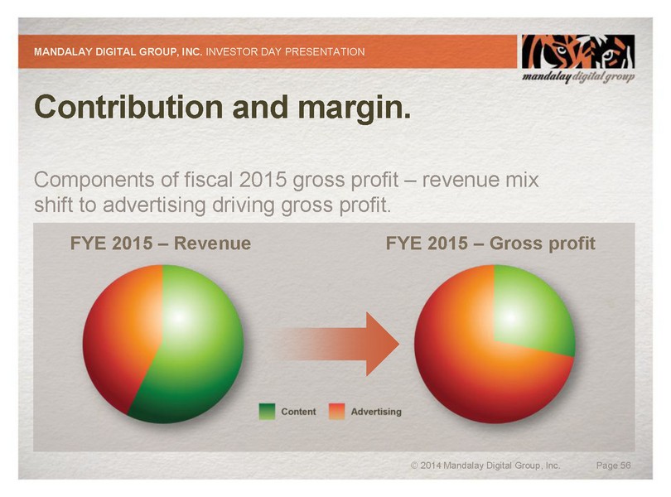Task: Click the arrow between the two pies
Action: tap(340, 345)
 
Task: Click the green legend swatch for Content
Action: tap(267, 412)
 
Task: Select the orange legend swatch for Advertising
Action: tap(336, 412)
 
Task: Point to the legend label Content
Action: tap(298, 412)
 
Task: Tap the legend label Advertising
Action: tap(376, 412)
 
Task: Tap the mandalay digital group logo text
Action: tap(577, 77)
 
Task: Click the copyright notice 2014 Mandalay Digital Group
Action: tap(485, 466)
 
